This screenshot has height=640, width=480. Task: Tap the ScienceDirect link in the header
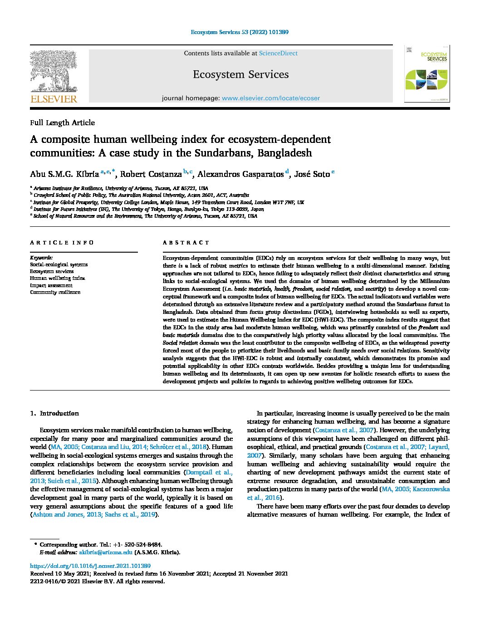(278, 54)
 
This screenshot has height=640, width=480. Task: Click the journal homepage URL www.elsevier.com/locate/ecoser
(271, 98)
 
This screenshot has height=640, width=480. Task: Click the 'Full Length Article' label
(62, 122)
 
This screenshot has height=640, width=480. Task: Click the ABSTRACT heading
(186, 243)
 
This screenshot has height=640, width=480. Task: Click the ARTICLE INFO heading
(62, 243)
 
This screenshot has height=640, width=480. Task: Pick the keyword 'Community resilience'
(55, 292)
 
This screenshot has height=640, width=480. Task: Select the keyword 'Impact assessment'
(51, 285)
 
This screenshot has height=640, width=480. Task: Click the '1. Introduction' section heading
(54, 413)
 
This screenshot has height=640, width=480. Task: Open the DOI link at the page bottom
(90, 566)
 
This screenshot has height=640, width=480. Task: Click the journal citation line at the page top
(240, 32)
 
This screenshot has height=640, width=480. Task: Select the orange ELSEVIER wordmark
(54, 99)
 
